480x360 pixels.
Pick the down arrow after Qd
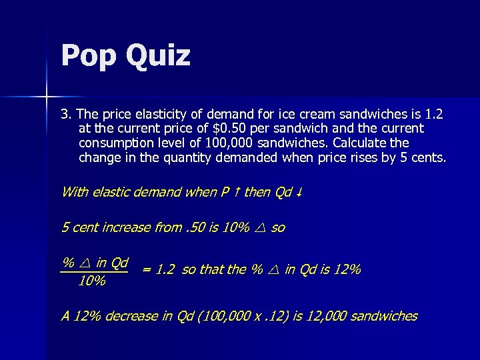(301, 193)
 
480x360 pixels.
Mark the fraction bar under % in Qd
(94, 271)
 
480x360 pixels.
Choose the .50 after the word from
(195, 227)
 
